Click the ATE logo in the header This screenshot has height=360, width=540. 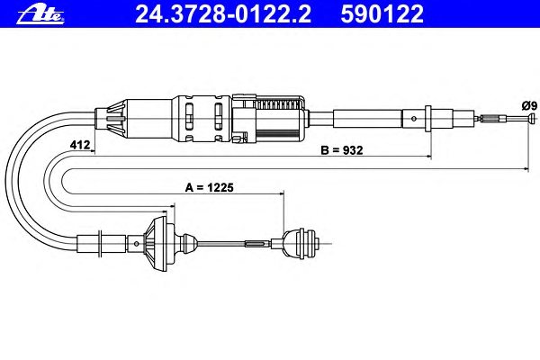[x=40, y=14]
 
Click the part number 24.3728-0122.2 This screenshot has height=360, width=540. [x=223, y=14]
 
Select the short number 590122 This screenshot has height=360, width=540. [x=382, y=14]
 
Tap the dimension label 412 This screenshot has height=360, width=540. [x=80, y=145]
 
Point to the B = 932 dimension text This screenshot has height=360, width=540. [x=342, y=150]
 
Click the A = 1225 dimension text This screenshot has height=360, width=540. [x=210, y=187]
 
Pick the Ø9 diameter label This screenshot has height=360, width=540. [x=529, y=105]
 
